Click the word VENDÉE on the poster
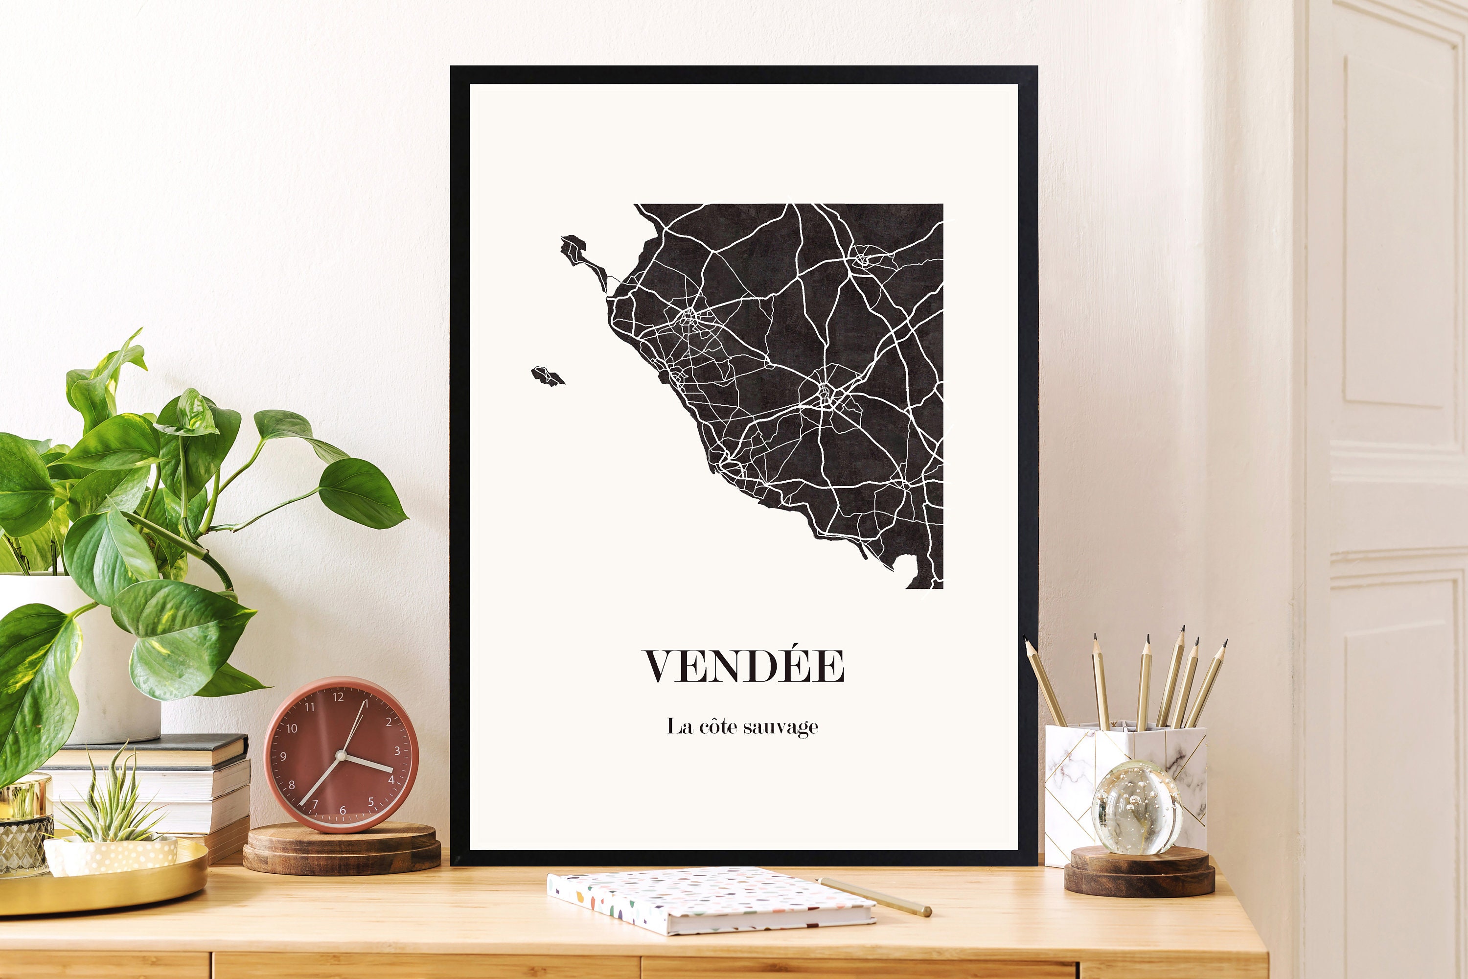tap(743, 666)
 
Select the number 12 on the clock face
tap(338, 698)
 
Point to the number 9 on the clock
tap(283, 757)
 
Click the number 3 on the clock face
tap(397, 751)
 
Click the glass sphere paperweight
tap(1137, 807)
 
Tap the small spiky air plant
tap(113, 799)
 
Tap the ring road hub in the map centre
tap(825, 395)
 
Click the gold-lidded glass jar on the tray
tap(25, 824)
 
